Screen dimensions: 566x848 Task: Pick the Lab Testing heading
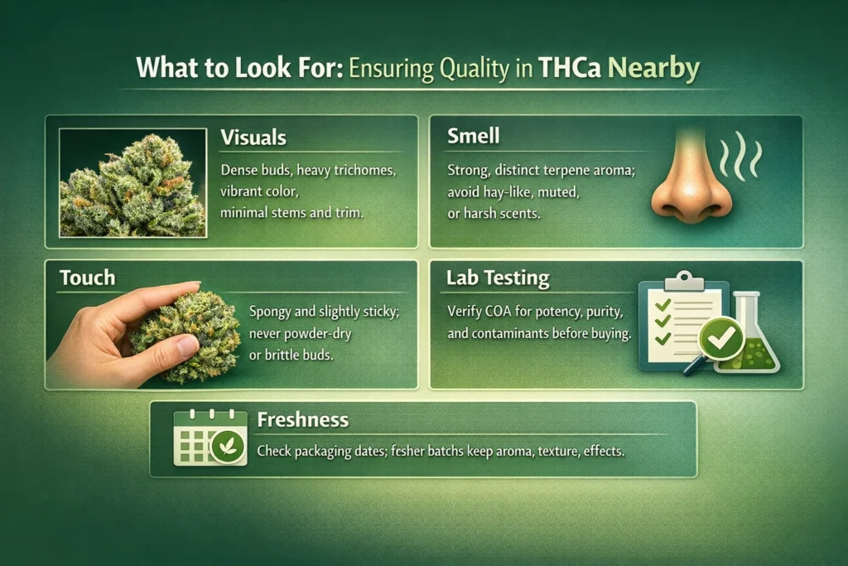[498, 278]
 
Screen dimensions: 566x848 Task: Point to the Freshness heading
[303, 419]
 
